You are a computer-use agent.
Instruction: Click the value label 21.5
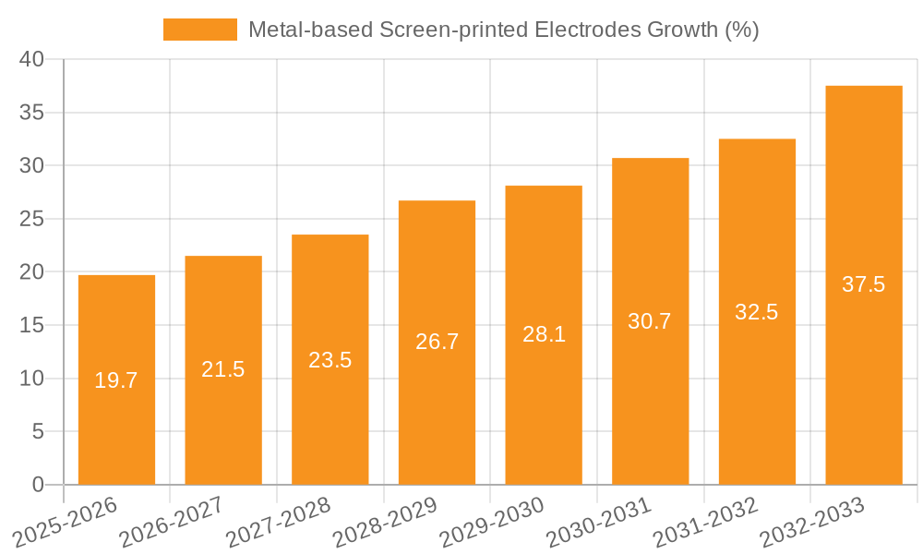223,369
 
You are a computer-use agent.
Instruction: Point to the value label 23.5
330,360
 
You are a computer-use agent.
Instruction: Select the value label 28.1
544,334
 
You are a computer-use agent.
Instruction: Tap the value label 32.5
757,312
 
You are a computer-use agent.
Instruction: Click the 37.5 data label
864,284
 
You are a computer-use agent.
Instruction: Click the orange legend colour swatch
199,30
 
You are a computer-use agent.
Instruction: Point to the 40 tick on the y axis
32,59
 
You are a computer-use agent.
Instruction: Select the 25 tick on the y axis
32,219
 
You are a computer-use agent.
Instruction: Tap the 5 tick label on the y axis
38,431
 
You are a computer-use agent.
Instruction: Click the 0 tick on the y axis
38,485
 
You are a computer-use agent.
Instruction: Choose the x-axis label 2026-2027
172,523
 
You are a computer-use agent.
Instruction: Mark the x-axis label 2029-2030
492,523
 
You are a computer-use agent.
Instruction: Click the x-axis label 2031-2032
705,523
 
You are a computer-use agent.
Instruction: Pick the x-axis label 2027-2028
279,523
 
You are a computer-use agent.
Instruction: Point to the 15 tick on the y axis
32,325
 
